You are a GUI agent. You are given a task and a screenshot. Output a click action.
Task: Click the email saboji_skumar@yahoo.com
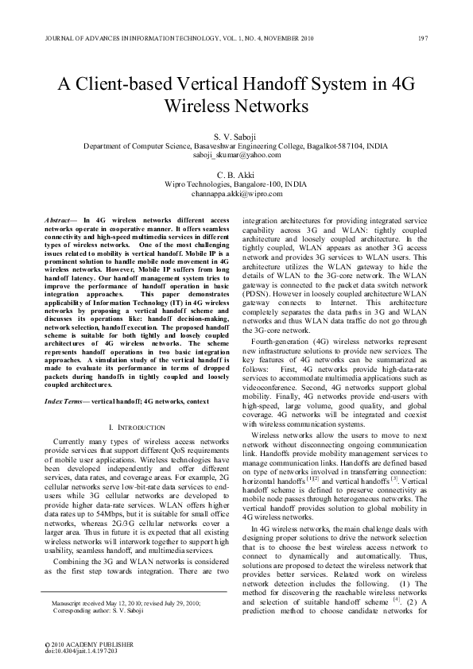point(236,156)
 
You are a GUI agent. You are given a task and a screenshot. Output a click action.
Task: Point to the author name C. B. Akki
point(236,175)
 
